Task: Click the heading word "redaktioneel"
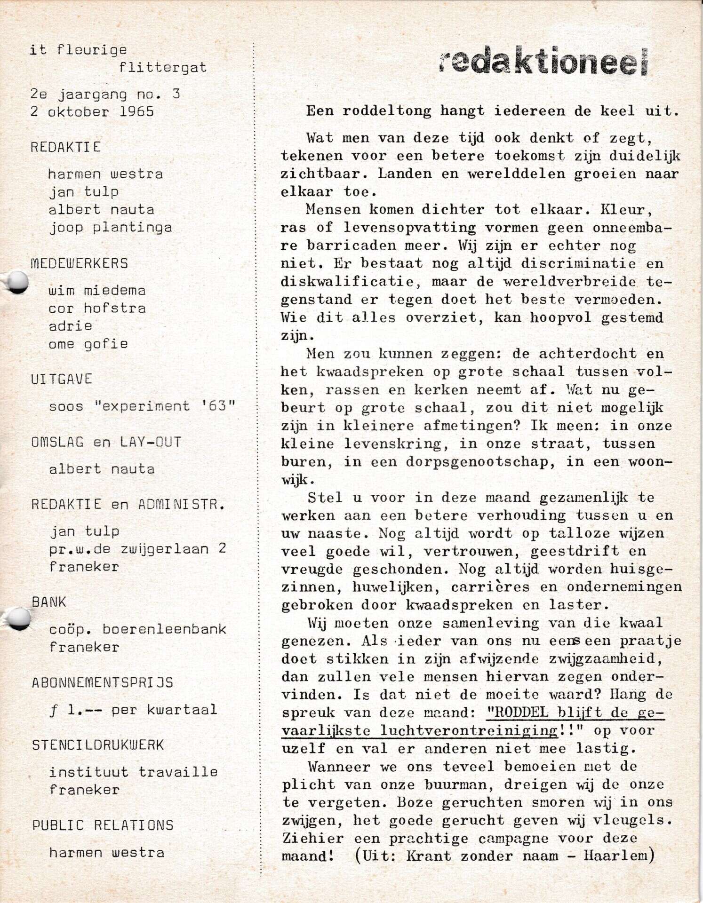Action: tap(543, 62)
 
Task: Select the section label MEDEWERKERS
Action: tap(79, 263)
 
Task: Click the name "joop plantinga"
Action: tap(111, 228)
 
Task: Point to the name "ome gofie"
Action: tap(88, 344)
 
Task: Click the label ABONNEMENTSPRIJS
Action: tap(103, 683)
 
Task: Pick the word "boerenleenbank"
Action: tap(164, 629)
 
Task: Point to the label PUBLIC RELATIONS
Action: tap(103, 825)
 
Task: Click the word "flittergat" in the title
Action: tap(162, 68)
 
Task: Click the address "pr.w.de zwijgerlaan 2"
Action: tap(138, 549)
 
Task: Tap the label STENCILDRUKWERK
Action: tap(98, 745)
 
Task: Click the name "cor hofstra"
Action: tap(97, 308)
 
